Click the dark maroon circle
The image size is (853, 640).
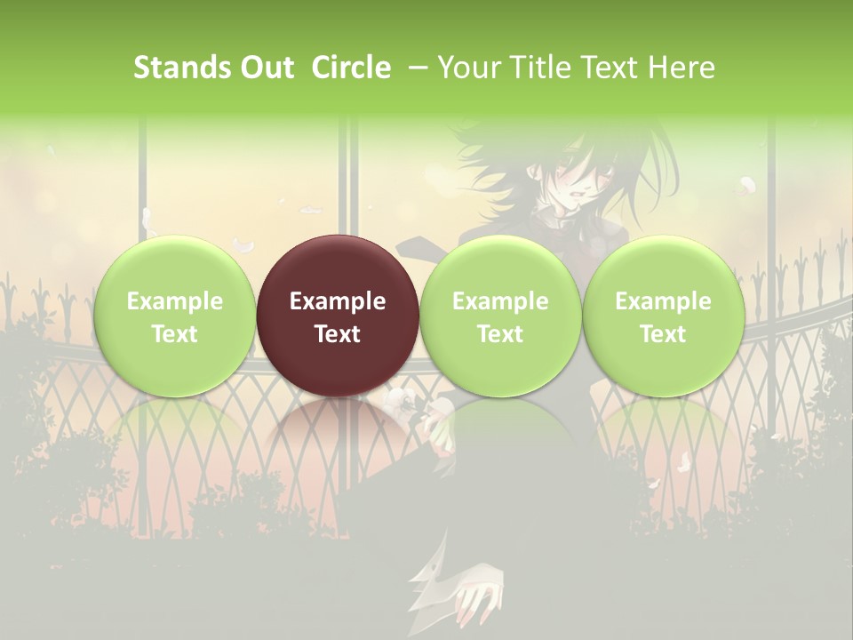[x=338, y=316]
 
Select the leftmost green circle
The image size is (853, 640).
[x=175, y=316]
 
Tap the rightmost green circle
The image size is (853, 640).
[x=663, y=316]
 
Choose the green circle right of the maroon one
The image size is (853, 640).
[x=500, y=316]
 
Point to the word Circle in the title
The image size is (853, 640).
[x=351, y=68]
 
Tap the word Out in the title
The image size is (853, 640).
[x=266, y=68]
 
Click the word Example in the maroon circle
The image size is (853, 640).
[x=338, y=301]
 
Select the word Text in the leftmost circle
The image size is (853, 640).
[x=175, y=333]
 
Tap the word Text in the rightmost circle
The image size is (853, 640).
[x=663, y=333]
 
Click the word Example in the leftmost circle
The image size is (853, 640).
[x=175, y=301]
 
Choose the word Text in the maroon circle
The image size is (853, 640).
[x=338, y=333]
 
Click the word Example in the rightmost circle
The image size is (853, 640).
[x=663, y=301]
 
